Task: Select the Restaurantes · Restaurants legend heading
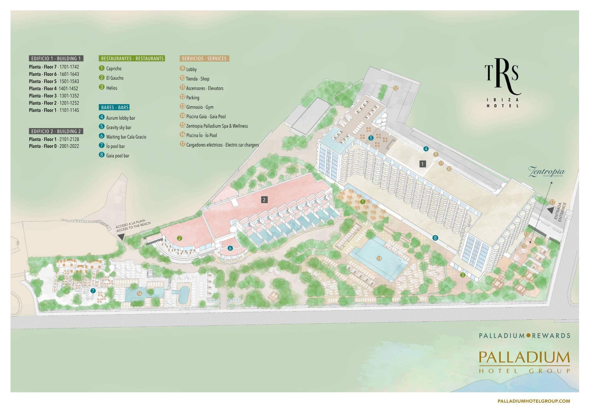click(x=132, y=59)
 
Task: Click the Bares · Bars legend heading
click(x=115, y=107)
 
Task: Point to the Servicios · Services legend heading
click(x=204, y=59)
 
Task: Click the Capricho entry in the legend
click(x=114, y=69)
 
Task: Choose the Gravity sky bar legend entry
click(x=118, y=127)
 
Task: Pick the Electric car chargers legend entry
click(x=222, y=145)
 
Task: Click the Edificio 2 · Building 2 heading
click(x=56, y=131)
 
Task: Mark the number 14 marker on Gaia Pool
click(x=379, y=258)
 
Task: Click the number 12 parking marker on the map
click(x=396, y=88)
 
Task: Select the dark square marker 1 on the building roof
click(x=423, y=164)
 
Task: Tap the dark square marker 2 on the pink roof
click(x=264, y=200)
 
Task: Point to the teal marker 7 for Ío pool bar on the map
click(x=93, y=291)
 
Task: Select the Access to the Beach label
click(x=133, y=227)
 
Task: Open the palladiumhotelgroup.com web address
click(x=533, y=401)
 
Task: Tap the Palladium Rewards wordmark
click(x=525, y=335)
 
